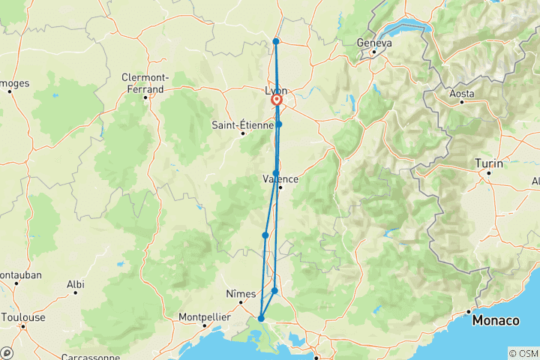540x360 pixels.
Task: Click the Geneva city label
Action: pyautogui.click(x=375, y=43)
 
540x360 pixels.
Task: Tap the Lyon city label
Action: pyautogui.click(x=276, y=91)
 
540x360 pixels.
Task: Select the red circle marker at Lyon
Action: pyautogui.click(x=277, y=100)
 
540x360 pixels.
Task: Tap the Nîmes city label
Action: pyautogui.click(x=241, y=293)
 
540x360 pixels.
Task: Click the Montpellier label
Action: pyautogui.click(x=202, y=316)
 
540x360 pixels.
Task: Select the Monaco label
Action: pyautogui.click(x=495, y=321)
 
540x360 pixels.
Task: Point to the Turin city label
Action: pyautogui.click(x=488, y=163)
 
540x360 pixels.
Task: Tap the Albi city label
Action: pyautogui.click(x=75, y=284)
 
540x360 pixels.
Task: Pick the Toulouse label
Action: pyautogui.click(x=23, y=317)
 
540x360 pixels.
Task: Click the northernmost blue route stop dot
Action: pyautogui.click(x=276, y=41)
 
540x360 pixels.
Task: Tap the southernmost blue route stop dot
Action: pyautogui.click(x=261, y=319)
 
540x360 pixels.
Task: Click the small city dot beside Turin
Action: pyautogui.click(x=488, y=172)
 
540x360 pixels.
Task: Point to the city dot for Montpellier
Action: pyautogui.click(x=204, y=325)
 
